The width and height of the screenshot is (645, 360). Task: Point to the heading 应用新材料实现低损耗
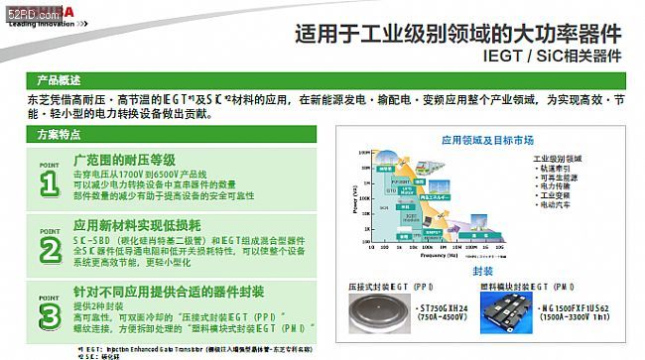pyautogui.click(x=138, y=224)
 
